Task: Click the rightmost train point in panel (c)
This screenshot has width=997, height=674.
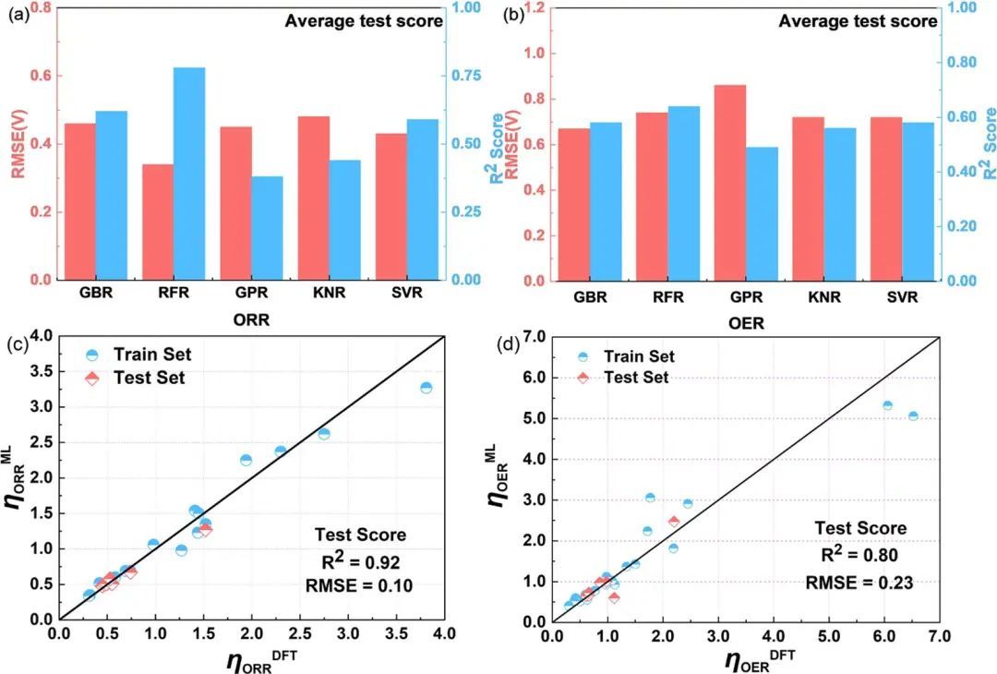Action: [426, 388]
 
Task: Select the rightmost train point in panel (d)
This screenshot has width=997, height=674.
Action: [913, 416]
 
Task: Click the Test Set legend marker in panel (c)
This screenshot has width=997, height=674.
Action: [90, 378]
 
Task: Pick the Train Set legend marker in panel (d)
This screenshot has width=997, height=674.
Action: [583, 356]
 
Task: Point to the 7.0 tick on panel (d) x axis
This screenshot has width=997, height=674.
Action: [939, 638]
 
